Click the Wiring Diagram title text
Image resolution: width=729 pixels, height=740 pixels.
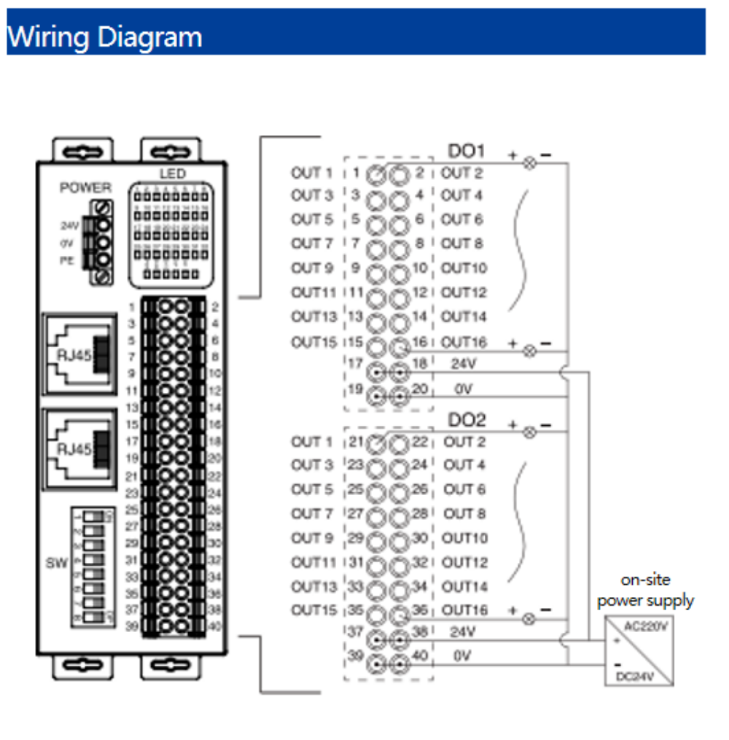tap(104, 36)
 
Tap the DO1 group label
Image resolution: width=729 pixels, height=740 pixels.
tap(467, 152)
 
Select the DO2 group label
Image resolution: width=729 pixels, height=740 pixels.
tap(467, 421)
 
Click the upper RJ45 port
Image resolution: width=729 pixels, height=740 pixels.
tap(79, 353)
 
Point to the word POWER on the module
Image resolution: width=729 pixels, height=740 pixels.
tap(85, 187)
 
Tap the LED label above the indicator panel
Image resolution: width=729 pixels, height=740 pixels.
tap(172, 174)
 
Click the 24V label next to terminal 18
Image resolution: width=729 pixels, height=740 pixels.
tap(463, 363)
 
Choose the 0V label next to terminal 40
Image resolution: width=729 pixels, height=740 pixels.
tap(463, 656)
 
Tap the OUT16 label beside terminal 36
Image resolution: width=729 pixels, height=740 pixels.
tap(464, 609)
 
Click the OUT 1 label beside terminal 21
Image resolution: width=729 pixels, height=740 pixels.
tap(311, 442)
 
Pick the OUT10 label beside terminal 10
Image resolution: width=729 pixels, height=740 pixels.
tap(464, 268)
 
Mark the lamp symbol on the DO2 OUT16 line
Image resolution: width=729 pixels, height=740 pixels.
tap(530, 620)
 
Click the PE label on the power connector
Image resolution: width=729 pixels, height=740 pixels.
tap(68, 259)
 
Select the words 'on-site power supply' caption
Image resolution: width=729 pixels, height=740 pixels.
tap(645, 591)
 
